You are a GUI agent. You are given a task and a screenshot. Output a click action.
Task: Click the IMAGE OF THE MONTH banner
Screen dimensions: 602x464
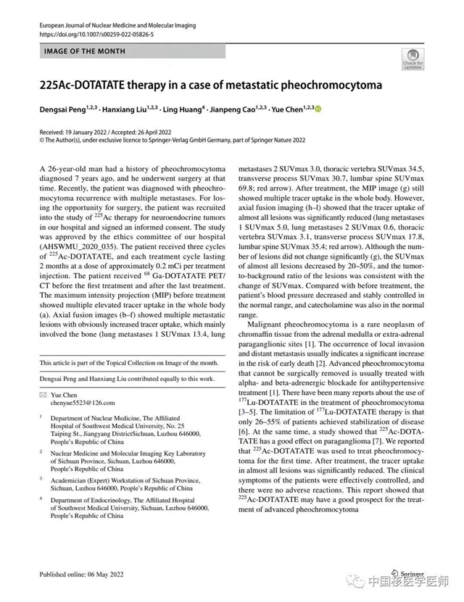pyautogui.click(x=85, y=51)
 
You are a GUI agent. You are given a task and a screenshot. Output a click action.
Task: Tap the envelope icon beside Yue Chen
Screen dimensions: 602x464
pyautogui.click(x=43, y=394)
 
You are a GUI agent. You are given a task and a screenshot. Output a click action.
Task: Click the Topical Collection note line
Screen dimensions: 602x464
pyautogui.click(x=128, y=362)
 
